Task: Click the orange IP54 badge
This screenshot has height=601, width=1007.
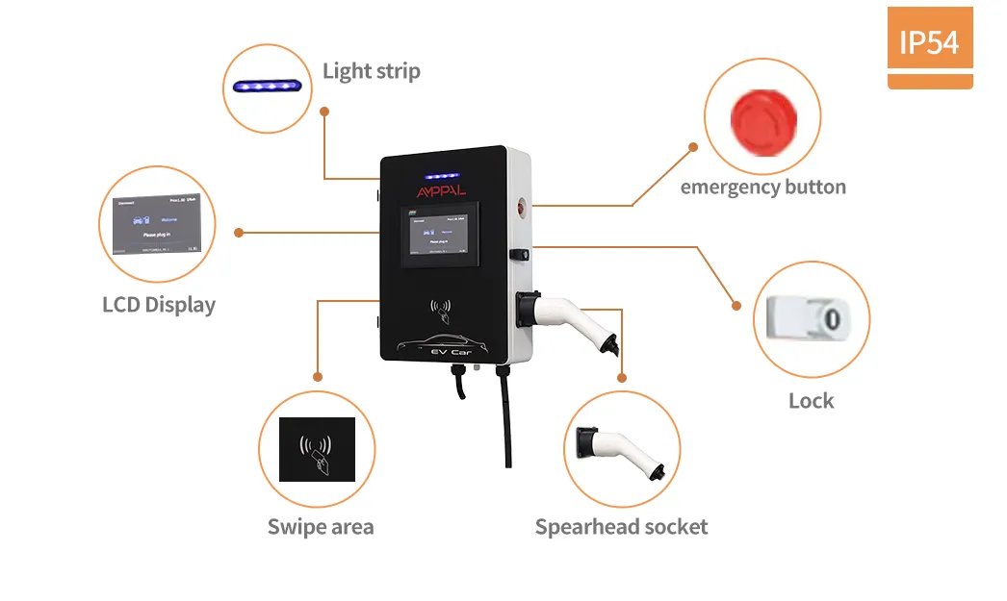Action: tap(929, 43)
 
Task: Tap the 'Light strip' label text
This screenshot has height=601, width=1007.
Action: tap(371, 71)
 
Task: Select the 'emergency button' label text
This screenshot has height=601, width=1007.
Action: tap(762, 188)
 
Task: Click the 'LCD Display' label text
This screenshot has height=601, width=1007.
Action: tap(159, 305)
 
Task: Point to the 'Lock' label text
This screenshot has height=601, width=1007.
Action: tap(811, 401)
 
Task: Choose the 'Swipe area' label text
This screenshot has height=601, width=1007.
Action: tap(321, 527)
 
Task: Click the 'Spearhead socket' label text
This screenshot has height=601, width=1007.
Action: tap(621, 527)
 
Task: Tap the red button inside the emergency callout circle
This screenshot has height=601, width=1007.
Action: tap(762, 118)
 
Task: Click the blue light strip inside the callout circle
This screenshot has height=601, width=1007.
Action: tap(267, 87)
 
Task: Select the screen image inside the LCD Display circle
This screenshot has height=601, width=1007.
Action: tap(156, 225)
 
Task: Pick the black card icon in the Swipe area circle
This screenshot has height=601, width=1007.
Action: tap(317, 449)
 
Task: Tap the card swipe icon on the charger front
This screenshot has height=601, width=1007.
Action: tap(442, 311)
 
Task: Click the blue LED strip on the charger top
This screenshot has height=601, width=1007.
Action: tap(442, 177)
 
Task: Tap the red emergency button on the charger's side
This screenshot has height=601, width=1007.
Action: tap(521, 205)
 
